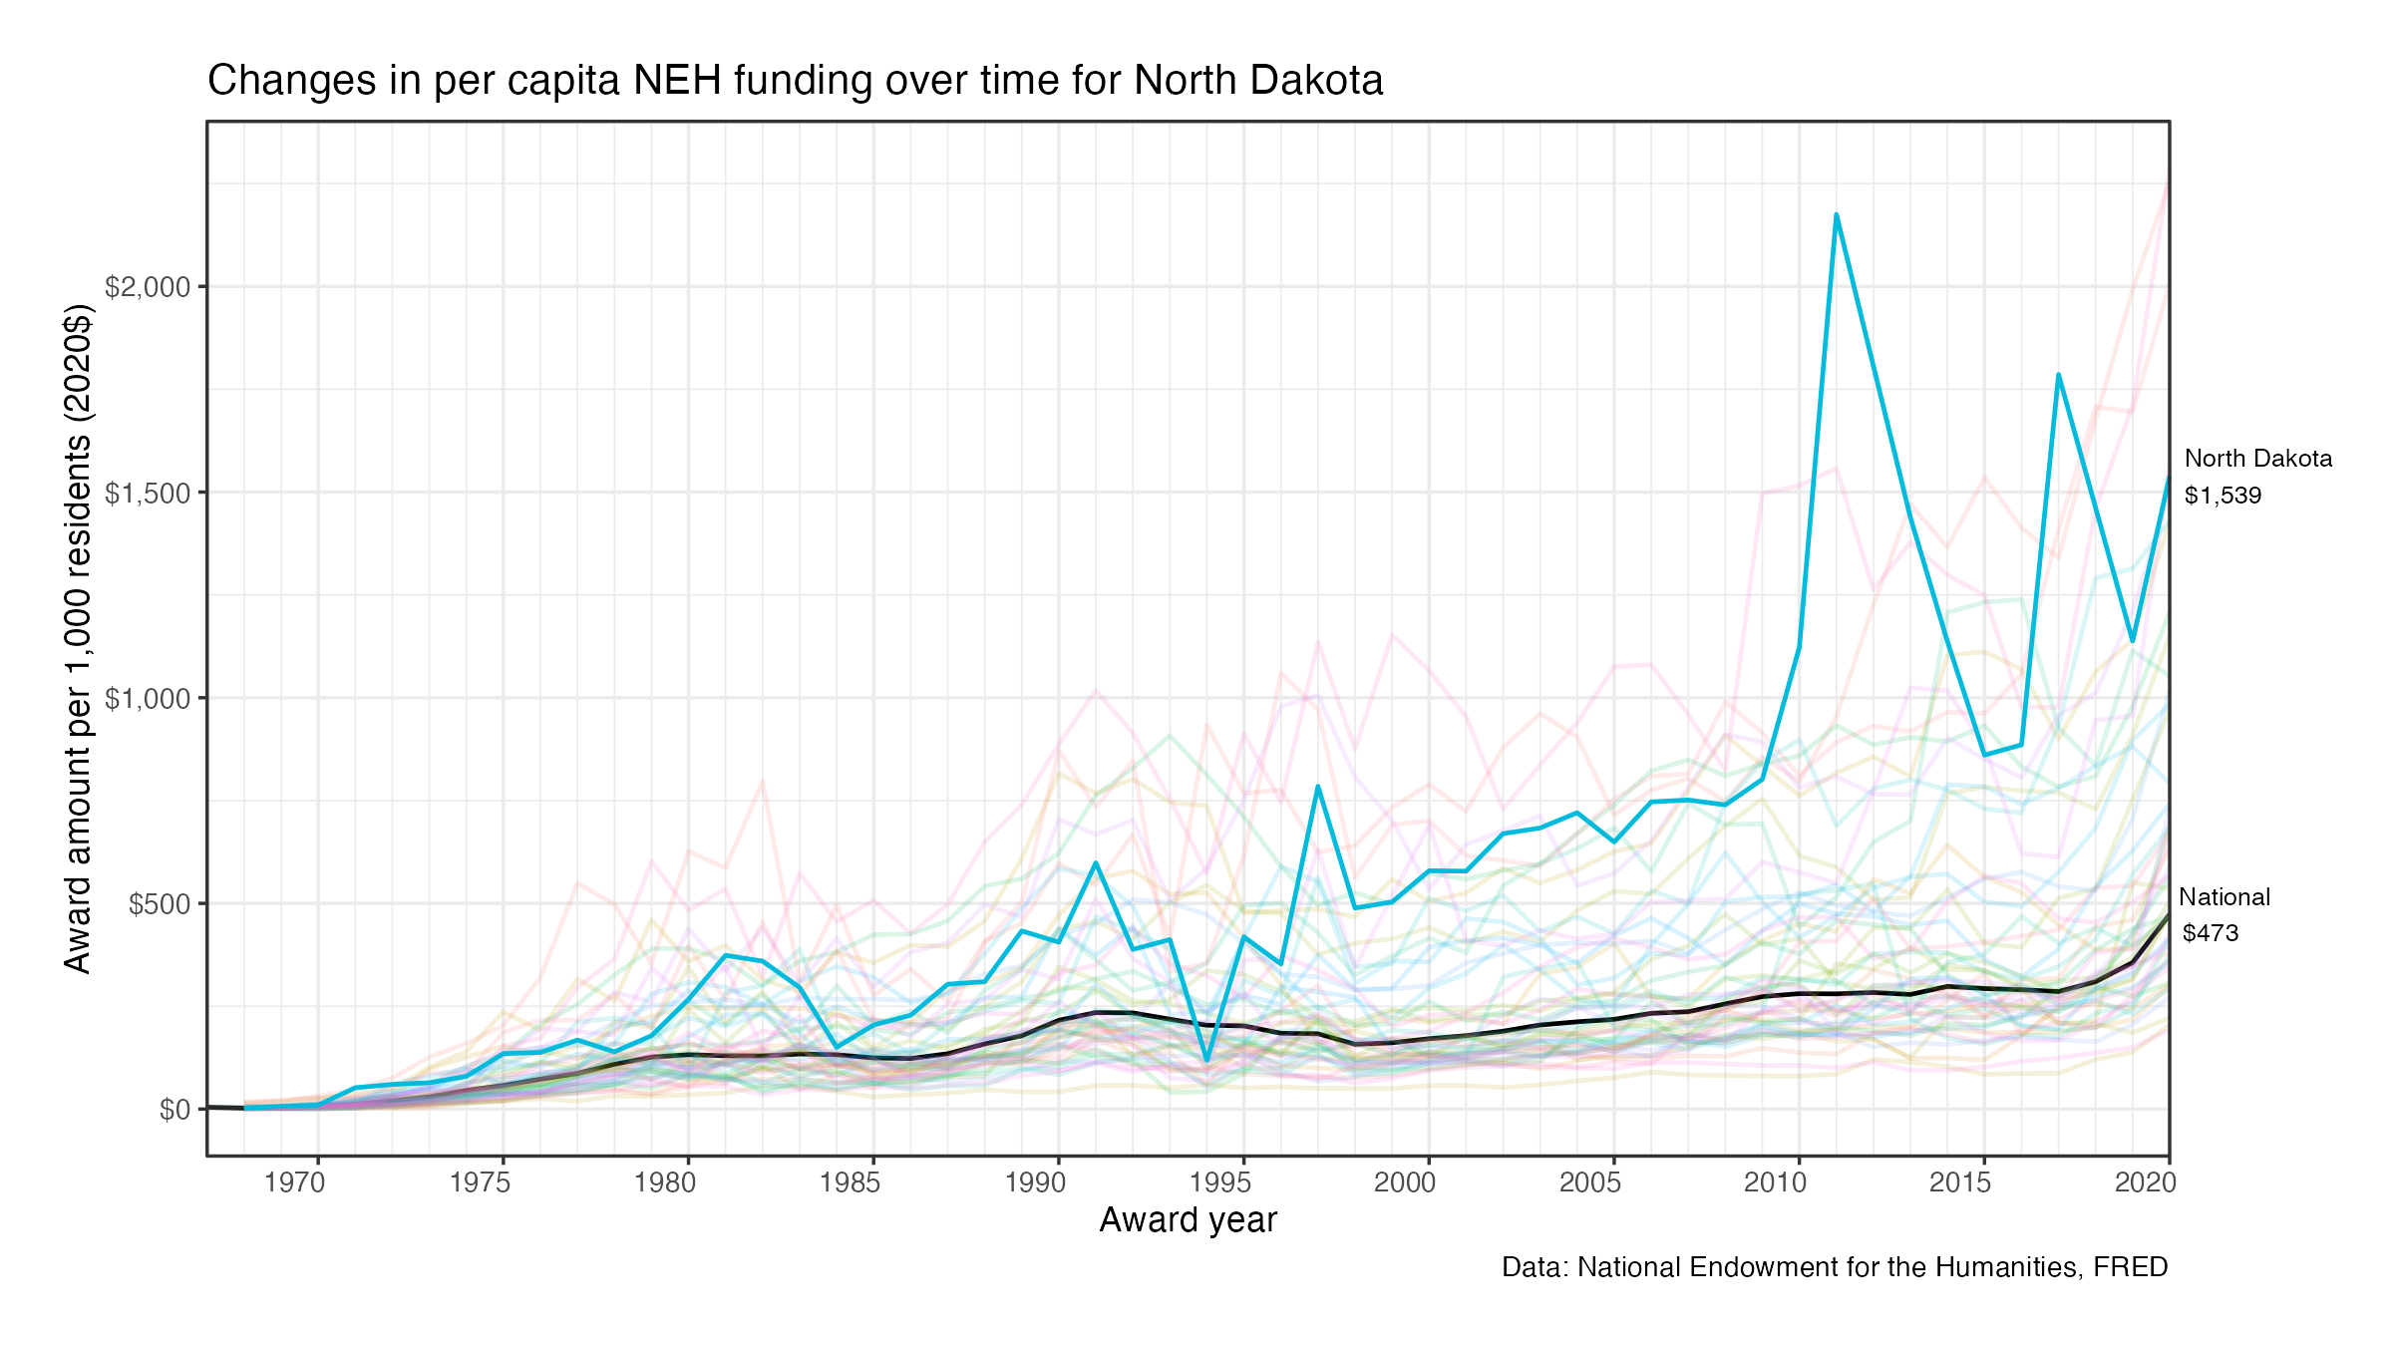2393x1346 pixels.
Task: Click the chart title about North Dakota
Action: (795, 81)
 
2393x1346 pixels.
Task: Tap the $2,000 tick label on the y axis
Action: (148, 287)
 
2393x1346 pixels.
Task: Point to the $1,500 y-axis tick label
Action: (148, 494)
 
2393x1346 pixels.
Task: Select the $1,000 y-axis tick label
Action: (148, 699)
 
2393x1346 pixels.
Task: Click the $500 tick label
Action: (160, 904)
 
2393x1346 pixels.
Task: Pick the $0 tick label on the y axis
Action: (174, 1110)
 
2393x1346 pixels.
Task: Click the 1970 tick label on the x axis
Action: (295, 1182)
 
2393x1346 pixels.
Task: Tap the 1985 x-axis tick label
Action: (851, 1182)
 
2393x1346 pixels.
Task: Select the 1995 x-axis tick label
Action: (1220, 1182)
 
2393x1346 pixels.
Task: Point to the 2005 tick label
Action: (1590, 1182)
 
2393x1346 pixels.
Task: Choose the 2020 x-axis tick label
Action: (2146, 1182)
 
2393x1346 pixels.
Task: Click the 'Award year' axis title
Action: (1188, 1220)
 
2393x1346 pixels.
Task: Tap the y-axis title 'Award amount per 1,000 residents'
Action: (78, 638)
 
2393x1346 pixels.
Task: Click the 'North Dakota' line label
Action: (2258, 459)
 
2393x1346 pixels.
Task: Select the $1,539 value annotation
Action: (2222, 496)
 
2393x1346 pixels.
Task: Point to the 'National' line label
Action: (2224, 897)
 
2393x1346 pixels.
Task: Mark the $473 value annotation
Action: (2211, 933)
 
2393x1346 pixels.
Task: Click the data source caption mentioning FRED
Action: (1835, 1267)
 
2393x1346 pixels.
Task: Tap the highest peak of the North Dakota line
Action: (1836, 214)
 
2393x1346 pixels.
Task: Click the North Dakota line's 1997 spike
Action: (1318, 787)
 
